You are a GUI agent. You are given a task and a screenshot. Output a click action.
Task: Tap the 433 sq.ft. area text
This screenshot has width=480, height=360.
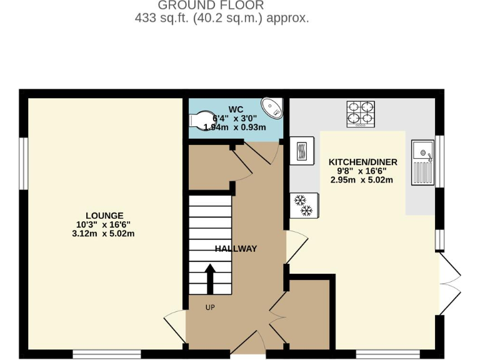pyautogui.click(x=222, y=18)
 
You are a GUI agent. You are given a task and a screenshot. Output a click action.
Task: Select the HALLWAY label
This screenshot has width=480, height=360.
pyautogui.click(x=236, y=249)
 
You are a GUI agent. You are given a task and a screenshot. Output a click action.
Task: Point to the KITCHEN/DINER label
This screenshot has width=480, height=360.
pyautogui.click(x=362, y=162)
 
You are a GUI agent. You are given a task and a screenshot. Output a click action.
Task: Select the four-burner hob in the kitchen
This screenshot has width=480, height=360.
pyautogui.click(x=361, y=114)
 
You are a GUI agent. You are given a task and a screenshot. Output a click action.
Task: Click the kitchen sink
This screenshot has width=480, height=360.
pyautogui.click(x=423, y=162)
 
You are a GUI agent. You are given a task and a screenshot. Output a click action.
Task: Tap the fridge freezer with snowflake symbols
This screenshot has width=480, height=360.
pyautogui.click(x=303, y=206)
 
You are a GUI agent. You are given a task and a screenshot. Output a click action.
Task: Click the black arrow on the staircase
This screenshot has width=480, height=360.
pyautogui.click(x=210, y=277)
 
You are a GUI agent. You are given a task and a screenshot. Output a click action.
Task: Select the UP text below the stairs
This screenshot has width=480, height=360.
pyautogui.click(x=211, y=307)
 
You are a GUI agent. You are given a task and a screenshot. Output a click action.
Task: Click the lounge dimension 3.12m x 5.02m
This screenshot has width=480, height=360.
pyautogui.click(x=104, y=234)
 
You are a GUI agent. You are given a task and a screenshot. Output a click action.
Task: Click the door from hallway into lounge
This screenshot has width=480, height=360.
pyautogui.click(x=176, y=325)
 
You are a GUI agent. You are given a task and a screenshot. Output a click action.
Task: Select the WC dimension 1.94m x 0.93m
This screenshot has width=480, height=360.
pyautogui.click(x=239, y=127)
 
